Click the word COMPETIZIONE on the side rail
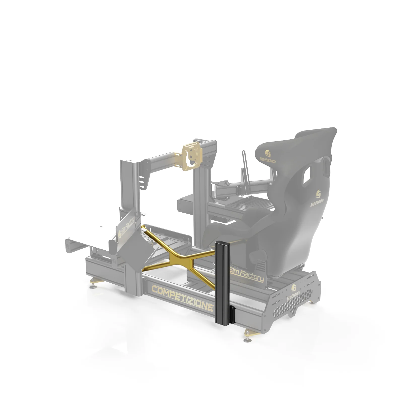[x=182, y=298]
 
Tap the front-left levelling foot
[x=93, y=284]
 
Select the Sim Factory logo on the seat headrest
[x=267, y=156]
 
